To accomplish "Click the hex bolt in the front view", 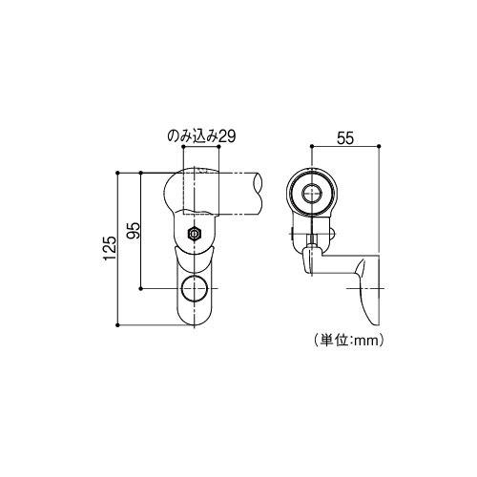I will point(194,233).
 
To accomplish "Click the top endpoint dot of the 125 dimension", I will point(116,172).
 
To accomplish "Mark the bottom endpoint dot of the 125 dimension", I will point(116,323).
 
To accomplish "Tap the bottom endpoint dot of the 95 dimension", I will point(141,287).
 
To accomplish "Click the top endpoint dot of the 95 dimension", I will point(141,172).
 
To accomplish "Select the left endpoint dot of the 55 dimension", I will point(312,146).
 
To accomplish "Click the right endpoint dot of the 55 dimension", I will point(380,146).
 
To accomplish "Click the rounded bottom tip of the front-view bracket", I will point(194,320).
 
